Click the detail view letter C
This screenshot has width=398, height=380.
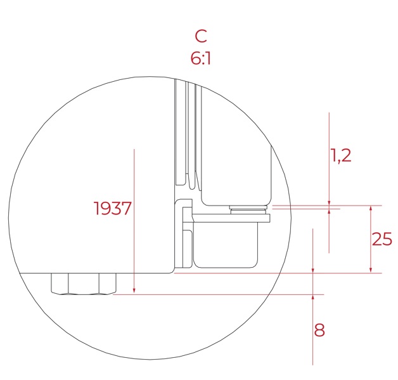(x=201, y=36)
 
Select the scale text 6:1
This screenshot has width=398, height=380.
(x=201, y=58)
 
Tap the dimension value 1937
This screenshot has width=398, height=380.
(x=113, y=208)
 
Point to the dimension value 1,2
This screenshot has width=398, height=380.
(x=341, y=155)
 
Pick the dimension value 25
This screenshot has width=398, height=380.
(x=382, y=239)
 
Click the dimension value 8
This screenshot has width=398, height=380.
(x=319, y=331)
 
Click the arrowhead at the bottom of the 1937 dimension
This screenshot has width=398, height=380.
(x=134, y=291)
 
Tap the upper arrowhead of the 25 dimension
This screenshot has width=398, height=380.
(x=371, y=209)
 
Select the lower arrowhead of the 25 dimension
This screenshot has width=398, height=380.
(x=371, y=270)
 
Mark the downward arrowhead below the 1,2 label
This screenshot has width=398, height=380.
(x=329, y=202)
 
